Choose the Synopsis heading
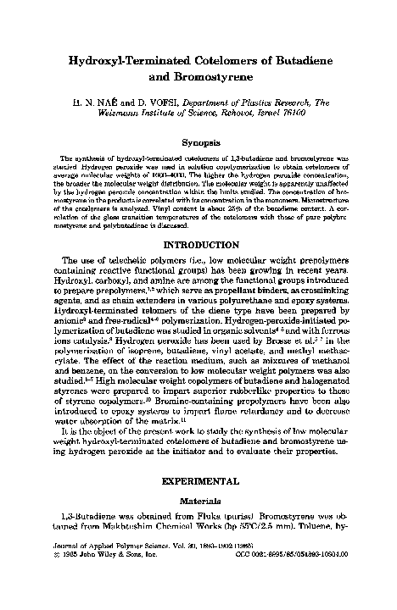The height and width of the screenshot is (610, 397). (x=198, y=144)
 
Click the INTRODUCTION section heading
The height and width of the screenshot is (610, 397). (x=198, y=244)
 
